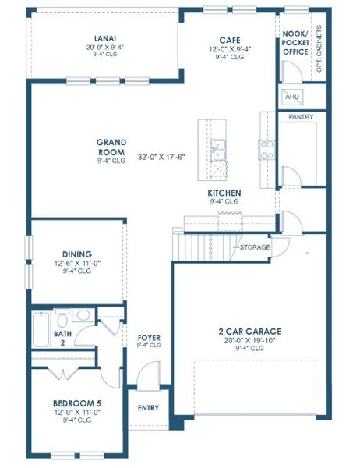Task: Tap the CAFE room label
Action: pos(229,40)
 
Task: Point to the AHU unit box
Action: pos(293,97)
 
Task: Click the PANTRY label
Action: pos(301,116)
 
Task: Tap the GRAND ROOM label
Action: pos(112,147)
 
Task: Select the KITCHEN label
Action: pos(224,193)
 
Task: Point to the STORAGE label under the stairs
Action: pos(255,247)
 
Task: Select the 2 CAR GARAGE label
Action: pos(249,331)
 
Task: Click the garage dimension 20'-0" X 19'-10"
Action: pos(249,340)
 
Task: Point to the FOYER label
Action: pos(149,338)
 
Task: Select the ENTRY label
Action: pos(148,407)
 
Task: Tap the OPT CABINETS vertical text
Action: pos(319,56)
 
